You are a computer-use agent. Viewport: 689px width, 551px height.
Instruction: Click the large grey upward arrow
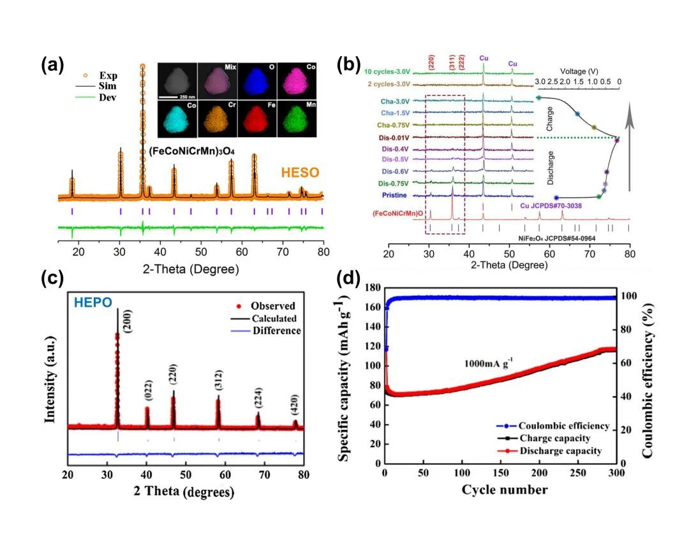click(630, 147)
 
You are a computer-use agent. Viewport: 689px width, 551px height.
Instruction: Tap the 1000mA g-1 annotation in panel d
click(489, 365)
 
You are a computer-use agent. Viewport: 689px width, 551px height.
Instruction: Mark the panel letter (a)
click(53, 64)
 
